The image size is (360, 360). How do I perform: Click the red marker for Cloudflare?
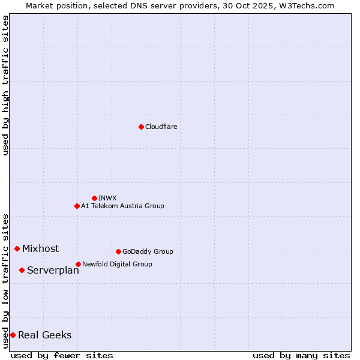coord(141,127)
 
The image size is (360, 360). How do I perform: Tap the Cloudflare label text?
coord(161,127)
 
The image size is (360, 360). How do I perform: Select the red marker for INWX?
coord(94,198)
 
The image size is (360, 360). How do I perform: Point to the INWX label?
coord(107,198)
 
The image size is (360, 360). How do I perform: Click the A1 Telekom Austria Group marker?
coord(77,206)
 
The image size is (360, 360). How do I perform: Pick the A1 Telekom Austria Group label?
coord(122,206)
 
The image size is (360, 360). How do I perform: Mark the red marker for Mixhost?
coord(17,248)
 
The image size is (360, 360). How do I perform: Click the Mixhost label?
coord(40,248)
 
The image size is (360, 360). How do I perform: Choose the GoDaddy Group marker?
coord(118,251)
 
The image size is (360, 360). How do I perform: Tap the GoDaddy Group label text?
coord(148,251)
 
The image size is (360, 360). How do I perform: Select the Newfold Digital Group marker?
coord(78,264)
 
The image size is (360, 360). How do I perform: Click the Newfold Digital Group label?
coord(117,264)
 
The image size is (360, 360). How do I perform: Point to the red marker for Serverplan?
coord(22,270)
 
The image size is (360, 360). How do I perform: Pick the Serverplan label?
coord(53,271)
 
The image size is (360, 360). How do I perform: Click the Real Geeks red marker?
coord(13,335)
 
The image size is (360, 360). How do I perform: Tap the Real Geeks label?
coord(44,335)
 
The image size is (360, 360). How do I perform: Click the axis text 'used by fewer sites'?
coord(62,355)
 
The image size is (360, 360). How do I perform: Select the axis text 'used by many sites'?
coord(301,355)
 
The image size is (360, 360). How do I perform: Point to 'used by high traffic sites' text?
coord(5,85)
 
